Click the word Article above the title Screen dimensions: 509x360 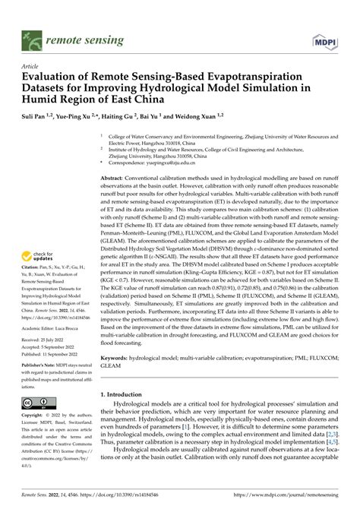33,66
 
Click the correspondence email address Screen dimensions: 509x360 179,163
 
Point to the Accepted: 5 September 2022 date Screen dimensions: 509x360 57,347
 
